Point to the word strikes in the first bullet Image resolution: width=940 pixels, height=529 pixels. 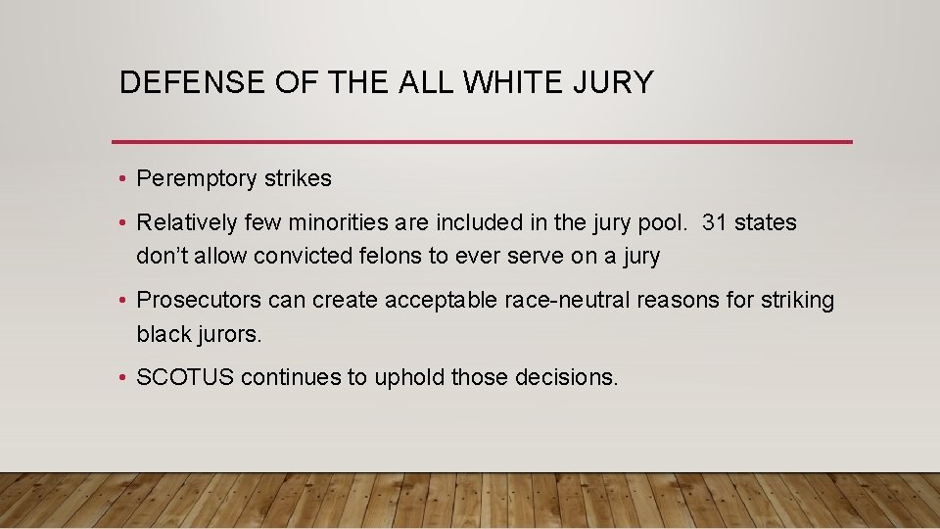(298, 179)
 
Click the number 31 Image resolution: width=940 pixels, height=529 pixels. (715, 223)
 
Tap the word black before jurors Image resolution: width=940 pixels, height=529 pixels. (164, 334)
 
